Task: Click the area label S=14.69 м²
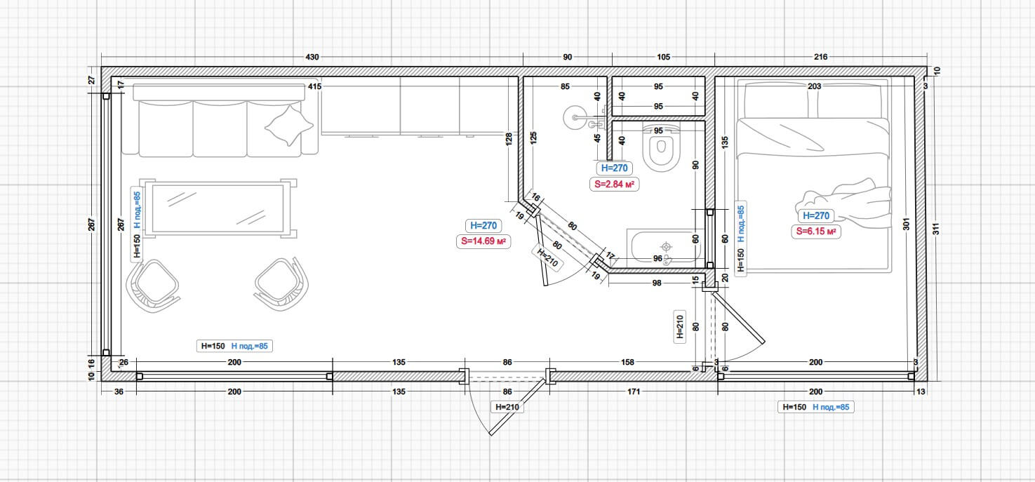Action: coord(483,241)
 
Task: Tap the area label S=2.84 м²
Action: coord(614,185)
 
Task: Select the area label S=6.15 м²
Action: coord(816,232)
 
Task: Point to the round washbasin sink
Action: coord(575,117)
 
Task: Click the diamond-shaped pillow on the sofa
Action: coord(289,126)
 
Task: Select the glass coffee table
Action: coord(218,208)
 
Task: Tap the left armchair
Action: coord(152,286)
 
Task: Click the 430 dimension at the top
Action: coord(312,57)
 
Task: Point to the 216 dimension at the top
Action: coord(820,57)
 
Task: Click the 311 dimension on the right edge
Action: coord(936,229)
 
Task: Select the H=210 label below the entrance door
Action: coord(507,407)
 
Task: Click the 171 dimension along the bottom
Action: coord(634,391)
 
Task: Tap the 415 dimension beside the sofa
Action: coord(314,86)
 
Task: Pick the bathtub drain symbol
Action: coord(666,246)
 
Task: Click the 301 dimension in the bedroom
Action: coord(906,224)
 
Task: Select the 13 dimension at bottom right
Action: coord(921,391)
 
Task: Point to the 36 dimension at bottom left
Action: coord(119,391)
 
